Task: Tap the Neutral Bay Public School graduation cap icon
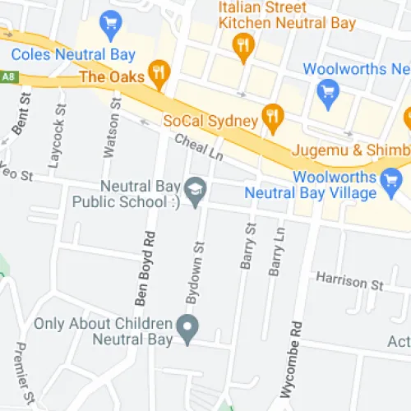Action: tap(195, 189)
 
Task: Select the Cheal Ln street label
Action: tap(199, 147)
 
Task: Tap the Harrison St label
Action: tap(350, 281)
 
